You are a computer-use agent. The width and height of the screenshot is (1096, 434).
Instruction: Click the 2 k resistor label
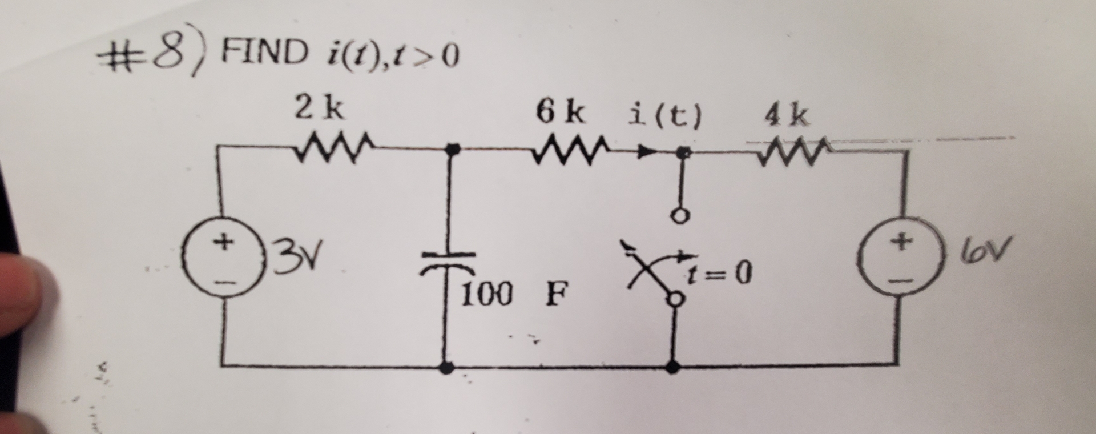[319, 108]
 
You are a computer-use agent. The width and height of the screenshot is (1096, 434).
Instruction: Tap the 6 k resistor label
[560, 112]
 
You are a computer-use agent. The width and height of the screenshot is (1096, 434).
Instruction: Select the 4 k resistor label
[787, 116]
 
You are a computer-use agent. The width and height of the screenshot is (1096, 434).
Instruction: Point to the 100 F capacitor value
[513, 295]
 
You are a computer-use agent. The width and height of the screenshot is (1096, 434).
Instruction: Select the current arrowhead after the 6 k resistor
[645, 152]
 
